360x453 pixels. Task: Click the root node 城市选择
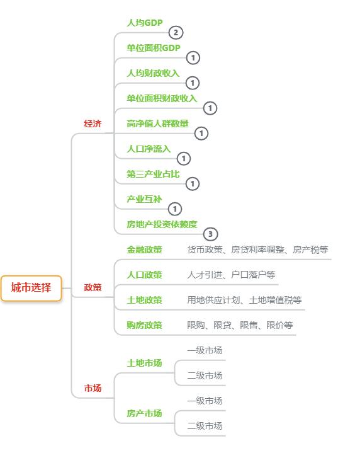pos(31,288)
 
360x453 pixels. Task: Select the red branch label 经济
pos(93,123)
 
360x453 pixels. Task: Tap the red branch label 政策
pos(93,287)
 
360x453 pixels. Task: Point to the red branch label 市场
pos(93,388)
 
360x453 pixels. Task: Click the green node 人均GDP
pos(145,23)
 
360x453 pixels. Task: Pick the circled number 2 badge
pos(176,32)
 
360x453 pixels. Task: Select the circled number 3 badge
pos(210,234)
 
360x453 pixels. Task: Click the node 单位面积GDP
pos(154,48)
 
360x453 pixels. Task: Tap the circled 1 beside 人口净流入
pos(184,158)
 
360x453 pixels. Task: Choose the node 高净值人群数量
pos(157,123)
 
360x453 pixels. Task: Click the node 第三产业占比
pos(153,174)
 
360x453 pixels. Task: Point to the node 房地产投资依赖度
pos(162,224)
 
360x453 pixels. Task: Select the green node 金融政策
pos(144,249)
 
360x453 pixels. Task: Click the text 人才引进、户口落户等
pos(231,275)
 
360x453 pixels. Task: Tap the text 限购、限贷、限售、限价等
pos(240,325)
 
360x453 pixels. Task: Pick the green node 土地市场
pos(144,363)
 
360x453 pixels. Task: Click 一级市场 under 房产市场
pos(205,401)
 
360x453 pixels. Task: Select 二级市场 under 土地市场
pos(205,376)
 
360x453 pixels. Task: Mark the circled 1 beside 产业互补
pos(175,209)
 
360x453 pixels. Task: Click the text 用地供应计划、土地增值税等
pos(244,300)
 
